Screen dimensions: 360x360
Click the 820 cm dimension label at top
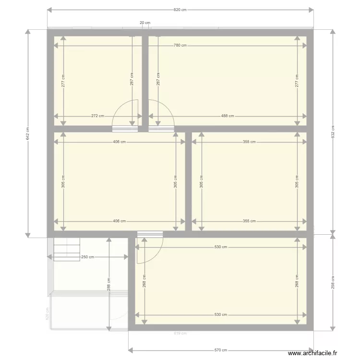180,10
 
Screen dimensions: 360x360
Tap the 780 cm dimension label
180,46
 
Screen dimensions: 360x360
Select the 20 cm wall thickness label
144,23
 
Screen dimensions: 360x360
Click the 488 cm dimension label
228,116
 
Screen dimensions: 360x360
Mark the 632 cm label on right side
332,132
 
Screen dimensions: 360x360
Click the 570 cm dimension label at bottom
221,350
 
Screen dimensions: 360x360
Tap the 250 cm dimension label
87,257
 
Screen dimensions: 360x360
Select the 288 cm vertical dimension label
109,284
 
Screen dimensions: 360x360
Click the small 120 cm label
47,314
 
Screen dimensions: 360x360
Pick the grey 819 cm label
180,333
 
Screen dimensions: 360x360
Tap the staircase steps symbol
66,250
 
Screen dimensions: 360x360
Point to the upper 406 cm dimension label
120,142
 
